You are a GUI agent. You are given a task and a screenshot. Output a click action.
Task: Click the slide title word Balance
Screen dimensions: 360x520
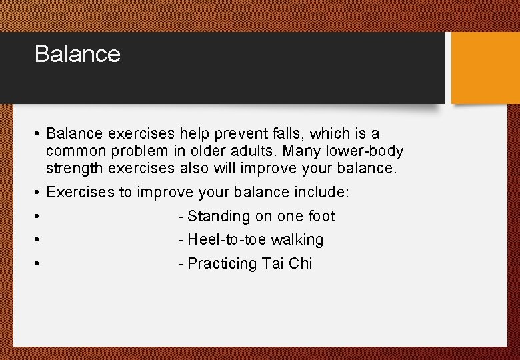tap(77, 54)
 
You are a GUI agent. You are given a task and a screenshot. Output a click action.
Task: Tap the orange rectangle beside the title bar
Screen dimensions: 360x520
tap(485, 68)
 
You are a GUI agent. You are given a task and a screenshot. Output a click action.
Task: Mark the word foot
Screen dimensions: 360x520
tap(321, 216)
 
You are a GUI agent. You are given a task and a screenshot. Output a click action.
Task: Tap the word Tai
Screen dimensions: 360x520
tap(273, 263)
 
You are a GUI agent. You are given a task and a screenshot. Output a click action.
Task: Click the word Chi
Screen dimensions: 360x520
tap(301, 263)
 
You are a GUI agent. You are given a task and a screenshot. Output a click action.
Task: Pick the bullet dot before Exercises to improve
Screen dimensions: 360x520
tap(37, 193)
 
